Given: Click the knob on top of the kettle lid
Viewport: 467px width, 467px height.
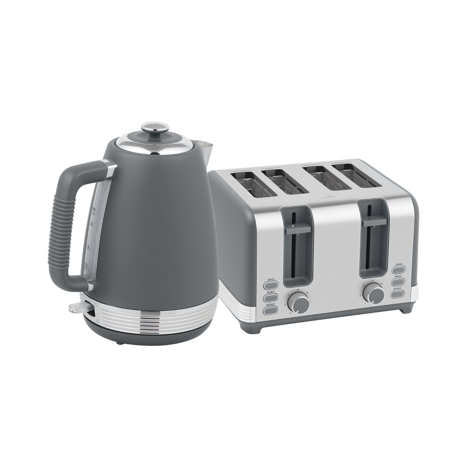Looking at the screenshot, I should (156, 127).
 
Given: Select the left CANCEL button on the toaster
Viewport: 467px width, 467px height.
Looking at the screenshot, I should (271, 284).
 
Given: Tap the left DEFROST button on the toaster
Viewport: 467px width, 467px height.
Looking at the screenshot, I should (271, 310).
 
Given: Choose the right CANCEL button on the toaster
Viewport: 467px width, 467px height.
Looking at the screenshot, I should (398, 269).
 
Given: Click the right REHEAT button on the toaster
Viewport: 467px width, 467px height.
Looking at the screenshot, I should (398, 282).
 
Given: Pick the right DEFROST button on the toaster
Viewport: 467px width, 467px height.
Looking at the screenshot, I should (398, 293).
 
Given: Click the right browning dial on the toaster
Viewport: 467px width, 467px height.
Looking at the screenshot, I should (375, 294).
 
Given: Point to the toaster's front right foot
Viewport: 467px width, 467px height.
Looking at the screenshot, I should (405, 310).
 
